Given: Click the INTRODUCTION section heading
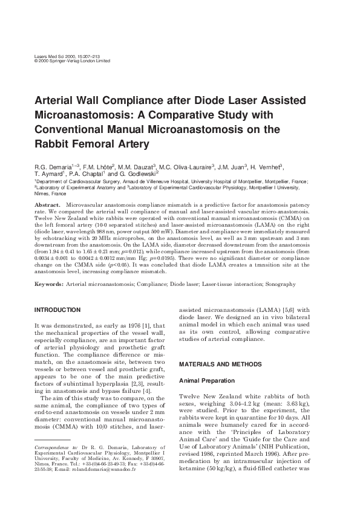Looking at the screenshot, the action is coord(57,310).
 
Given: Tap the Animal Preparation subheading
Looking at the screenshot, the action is coord(206,380).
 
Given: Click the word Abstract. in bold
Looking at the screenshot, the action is coord(47,207).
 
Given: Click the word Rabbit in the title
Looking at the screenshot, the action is coord(54,144).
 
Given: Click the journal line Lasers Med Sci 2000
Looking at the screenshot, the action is coord(59,56).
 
